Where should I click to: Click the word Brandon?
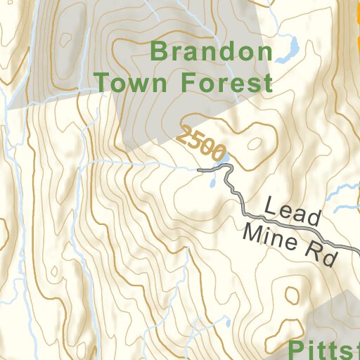pos(212,52)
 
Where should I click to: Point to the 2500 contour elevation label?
pos(202,143)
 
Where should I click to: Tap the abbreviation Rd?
pos(321,255)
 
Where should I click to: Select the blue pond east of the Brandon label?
pos(288,51)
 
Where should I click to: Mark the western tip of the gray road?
pos(200,170)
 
